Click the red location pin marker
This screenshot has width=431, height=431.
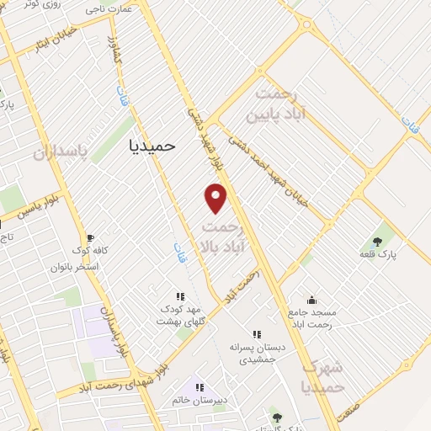(216, 198)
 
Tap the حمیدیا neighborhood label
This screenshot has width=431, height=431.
(152, 145)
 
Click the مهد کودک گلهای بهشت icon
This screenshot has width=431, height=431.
(178, 295)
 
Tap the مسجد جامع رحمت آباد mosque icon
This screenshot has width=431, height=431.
(312, 299)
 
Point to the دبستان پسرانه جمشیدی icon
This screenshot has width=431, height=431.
(258, 333)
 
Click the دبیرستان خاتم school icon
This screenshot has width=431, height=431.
(200, 387)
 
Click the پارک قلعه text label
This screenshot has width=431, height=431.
(378, 253)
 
